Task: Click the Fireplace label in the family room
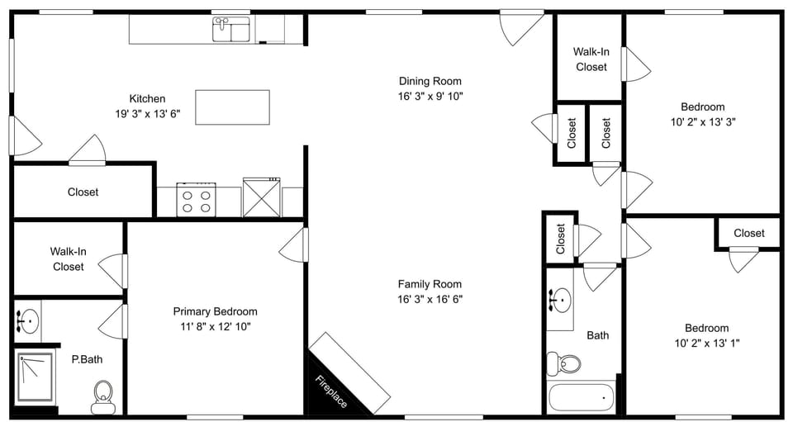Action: pyautogui.click(x=330, y=391)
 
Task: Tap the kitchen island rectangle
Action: pyautogui.click(x=233, y=107)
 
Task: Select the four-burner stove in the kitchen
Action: pyautogui.click(x=197, y=200)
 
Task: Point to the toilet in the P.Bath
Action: pyautogui.click(x=103, y=395)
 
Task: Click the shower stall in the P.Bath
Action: pyautogui.click(x=36, y=377)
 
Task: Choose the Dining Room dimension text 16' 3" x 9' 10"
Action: pyautogui.click(x=430, y=96)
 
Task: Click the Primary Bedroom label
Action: pyautogui.click(x=215, y=311)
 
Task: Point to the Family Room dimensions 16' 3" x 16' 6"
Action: pyautogui.click(x=430, y=299)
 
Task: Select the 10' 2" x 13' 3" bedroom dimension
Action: pyautogui.click(x=702, y=121)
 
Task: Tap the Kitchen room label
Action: pyautogui.click(x=147, y=98)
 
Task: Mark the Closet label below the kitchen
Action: pyautogui.click(x=83, y=192)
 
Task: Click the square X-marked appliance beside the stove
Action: pyautogui.click(x=261, y=198)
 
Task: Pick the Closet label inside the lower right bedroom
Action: pyautogui.click(x=748, y=233)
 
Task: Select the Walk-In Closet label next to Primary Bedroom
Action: pyautogui.click(x=68, y=258)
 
